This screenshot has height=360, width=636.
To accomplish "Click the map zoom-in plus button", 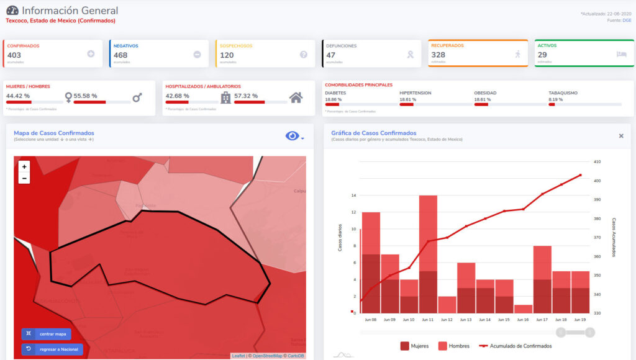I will coord(24,167).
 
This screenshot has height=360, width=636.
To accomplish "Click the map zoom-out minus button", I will coord(24,179).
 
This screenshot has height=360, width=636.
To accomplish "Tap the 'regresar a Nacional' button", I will coord(52,349).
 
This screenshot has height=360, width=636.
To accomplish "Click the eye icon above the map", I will coord(292,136).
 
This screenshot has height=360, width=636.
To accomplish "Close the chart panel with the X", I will coord(621,136).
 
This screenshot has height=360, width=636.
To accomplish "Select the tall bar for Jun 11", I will coord(428,254).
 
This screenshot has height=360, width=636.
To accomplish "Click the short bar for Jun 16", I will coord(523,308).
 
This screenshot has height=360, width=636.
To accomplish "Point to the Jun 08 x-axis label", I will coord(371,320).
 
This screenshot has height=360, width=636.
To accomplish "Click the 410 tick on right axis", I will coord(597,162).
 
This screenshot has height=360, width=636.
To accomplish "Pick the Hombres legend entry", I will coord(453,346).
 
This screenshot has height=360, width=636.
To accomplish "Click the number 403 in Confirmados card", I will coord(14,55).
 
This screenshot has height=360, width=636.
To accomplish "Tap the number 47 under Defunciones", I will coord(331,55).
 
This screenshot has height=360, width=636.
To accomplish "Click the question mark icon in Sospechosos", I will coord(304,55).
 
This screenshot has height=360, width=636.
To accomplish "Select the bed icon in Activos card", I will coord(622,55).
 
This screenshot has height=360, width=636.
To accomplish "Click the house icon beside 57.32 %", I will coord(296,97).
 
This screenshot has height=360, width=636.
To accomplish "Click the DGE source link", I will coord(627,20).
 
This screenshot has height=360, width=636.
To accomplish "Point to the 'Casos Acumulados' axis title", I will coord(614,237).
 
